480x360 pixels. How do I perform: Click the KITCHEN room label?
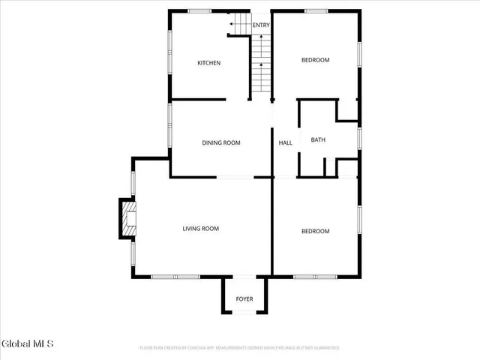point(208,63)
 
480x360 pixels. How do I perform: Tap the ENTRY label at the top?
point(261,25)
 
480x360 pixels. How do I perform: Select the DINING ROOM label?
point(221,142)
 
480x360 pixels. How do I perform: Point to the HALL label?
point(286,142)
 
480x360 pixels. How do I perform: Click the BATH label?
point(318,139)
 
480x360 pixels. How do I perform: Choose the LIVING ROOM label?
point(201,229)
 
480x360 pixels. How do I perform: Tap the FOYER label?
point(244,299)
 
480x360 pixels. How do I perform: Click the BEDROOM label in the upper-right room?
point(315,60)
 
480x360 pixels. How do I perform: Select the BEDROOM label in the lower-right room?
point(315,231)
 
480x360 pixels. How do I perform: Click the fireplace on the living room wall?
point(127,219)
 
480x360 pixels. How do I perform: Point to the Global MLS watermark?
point(28,344)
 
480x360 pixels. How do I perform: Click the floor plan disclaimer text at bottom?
point(240,348)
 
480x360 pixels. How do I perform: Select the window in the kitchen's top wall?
point(199,10)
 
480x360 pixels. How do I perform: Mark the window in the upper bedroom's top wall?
point(316,10)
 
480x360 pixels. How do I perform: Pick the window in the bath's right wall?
point(360,139)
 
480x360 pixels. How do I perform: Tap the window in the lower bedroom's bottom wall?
point(304,277)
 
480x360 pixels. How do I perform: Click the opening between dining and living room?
point(235,177)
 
